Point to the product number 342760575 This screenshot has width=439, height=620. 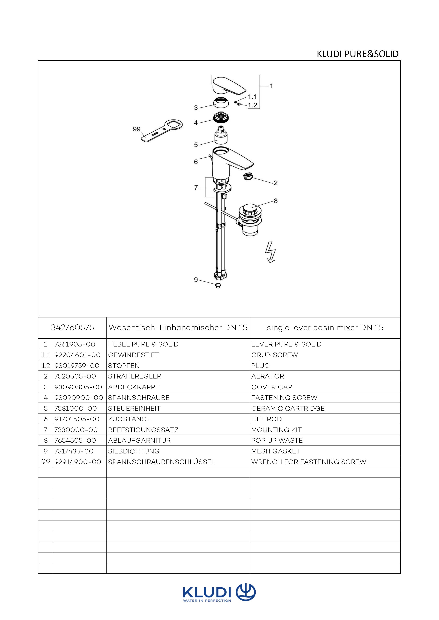[x=72, y=328]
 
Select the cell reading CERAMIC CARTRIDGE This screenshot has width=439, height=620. [x=288, y=408]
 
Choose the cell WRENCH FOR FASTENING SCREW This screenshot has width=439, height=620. [x=309, y=462]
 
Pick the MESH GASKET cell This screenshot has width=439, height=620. [x=276, y=451]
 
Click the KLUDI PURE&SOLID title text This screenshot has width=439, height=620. [x=358, y=54]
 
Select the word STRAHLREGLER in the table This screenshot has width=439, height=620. [x=135, y=376]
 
